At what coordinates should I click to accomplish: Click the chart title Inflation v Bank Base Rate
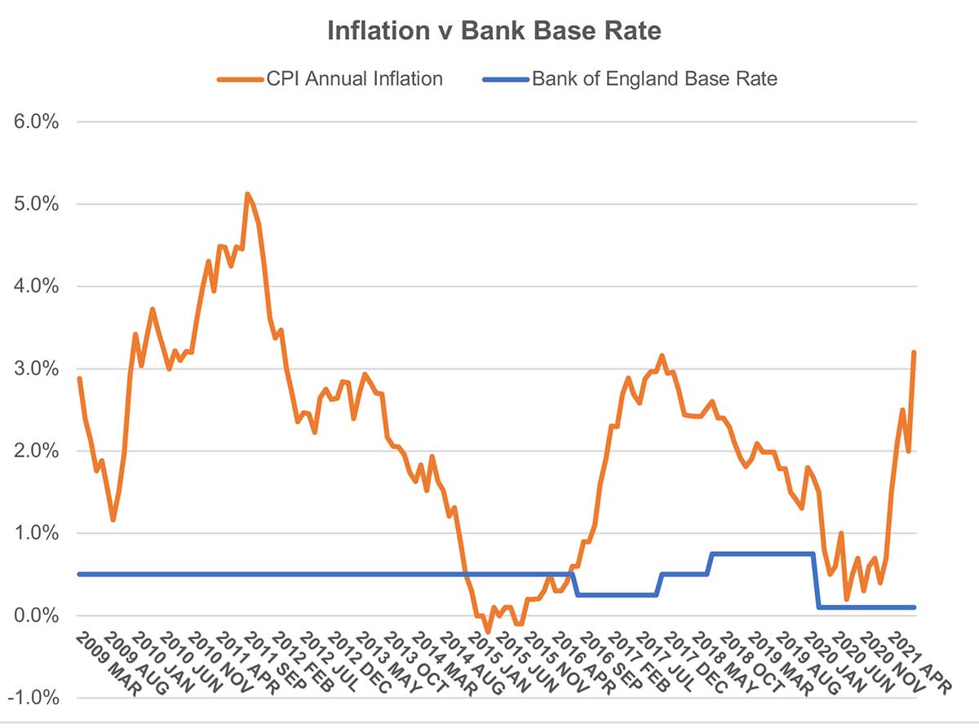494,31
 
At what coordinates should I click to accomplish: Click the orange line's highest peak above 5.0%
247,194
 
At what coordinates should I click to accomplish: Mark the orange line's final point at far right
914,352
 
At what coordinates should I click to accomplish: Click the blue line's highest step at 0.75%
763,554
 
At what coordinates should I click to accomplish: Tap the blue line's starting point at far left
79,575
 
